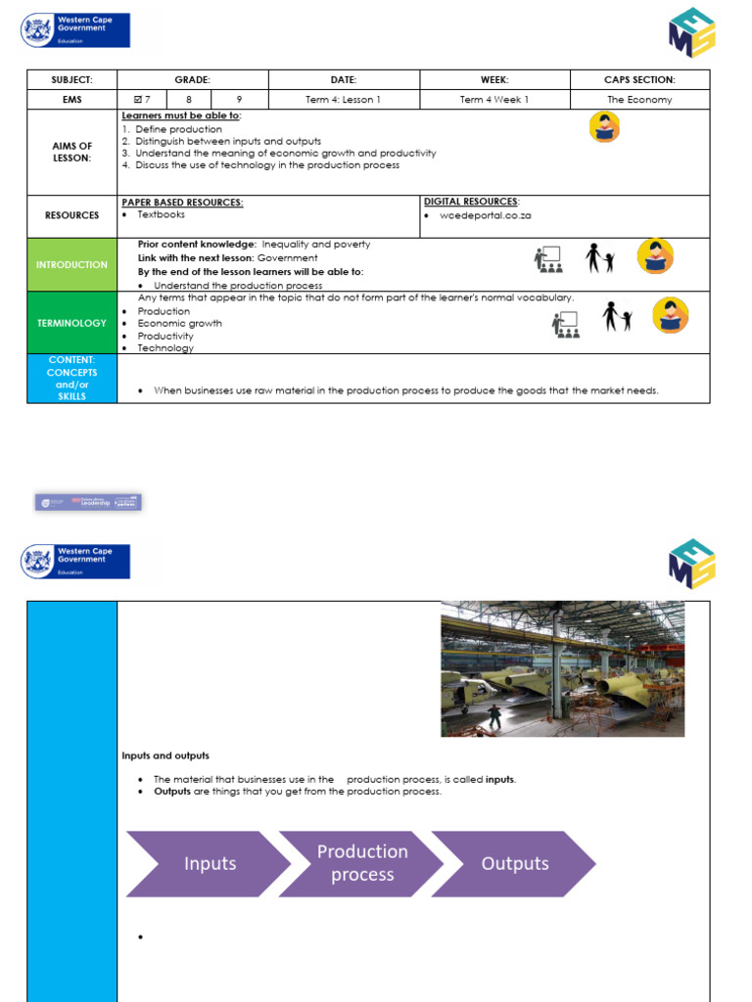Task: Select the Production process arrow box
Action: coord(362,863)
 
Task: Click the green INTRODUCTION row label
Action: coord(71,264)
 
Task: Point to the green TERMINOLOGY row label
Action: coord(71,322)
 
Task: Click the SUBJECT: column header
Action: coord(71,79)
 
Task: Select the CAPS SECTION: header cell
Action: coord(640,79)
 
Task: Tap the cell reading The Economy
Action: coord(640,99)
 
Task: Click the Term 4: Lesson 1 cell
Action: coord(344,99)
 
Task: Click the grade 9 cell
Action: coord(240,99)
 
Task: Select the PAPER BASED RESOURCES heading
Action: coord(182,202)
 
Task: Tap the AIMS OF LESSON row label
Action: coord(71,152)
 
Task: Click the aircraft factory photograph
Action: coord(562,669)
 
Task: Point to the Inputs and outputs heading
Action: coord(165,755)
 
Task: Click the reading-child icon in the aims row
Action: coord(604,127)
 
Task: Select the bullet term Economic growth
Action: coord(179,323)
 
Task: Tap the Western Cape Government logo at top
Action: coord(75,30)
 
